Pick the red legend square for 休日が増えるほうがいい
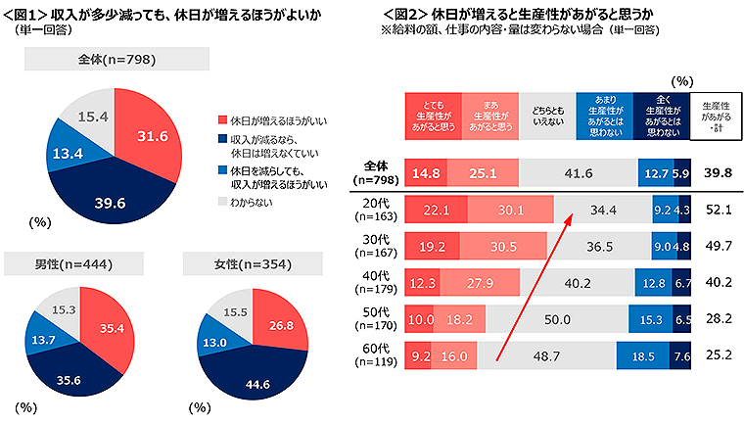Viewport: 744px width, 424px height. click(x=222, y=119)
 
